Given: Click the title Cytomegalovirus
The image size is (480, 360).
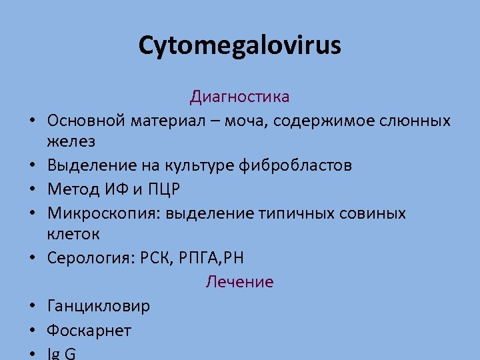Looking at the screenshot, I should click(239, 45).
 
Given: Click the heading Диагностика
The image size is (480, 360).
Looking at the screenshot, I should click(239, 97).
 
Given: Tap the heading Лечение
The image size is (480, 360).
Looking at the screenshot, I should click(239, 282).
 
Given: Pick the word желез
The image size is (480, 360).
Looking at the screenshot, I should click(71, 141).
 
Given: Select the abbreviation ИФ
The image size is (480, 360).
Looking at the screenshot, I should click(115, 189).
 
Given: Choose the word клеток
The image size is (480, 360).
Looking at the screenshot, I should click(73, 234).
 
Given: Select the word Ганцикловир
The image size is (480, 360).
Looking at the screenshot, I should click(99, 306).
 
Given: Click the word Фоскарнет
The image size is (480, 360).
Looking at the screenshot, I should click(89, 330).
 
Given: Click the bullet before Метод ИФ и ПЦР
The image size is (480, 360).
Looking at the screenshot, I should click(33, 191).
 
